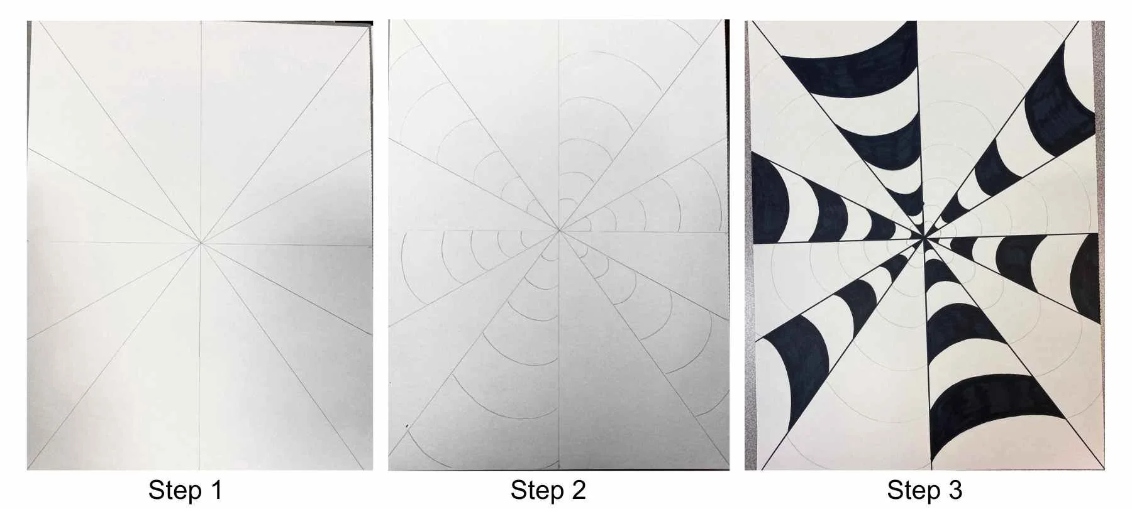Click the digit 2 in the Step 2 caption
pos(579,490)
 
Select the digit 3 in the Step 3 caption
pos(955,490)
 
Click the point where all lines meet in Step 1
pos(201,241)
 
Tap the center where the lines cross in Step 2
pos(558,231)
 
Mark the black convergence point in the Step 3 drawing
pos(923,238)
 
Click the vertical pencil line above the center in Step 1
pos(201,126)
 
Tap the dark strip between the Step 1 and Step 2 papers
pos(380,251)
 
